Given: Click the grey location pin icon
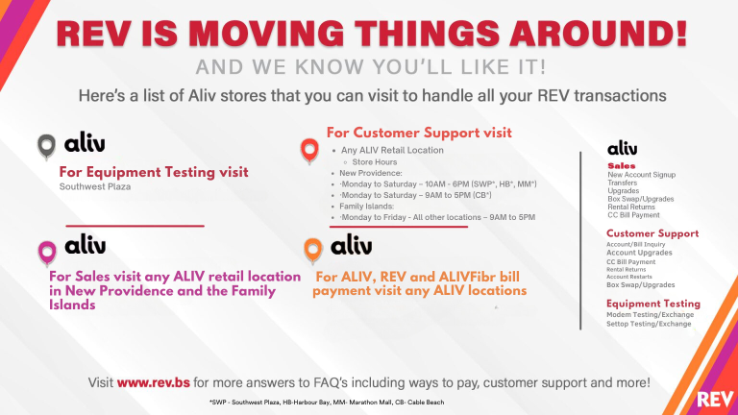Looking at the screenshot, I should pos(46,146).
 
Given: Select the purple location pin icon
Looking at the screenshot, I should pos(46,252).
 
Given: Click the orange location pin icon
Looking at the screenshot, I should pos(311,252).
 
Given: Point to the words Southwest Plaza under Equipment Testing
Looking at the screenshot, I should pos(95,187).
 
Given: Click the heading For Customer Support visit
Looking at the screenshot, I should pos(419,132).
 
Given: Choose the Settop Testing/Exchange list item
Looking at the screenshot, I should pos(649,325).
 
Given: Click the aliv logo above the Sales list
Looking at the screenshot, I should pos(622,149).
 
